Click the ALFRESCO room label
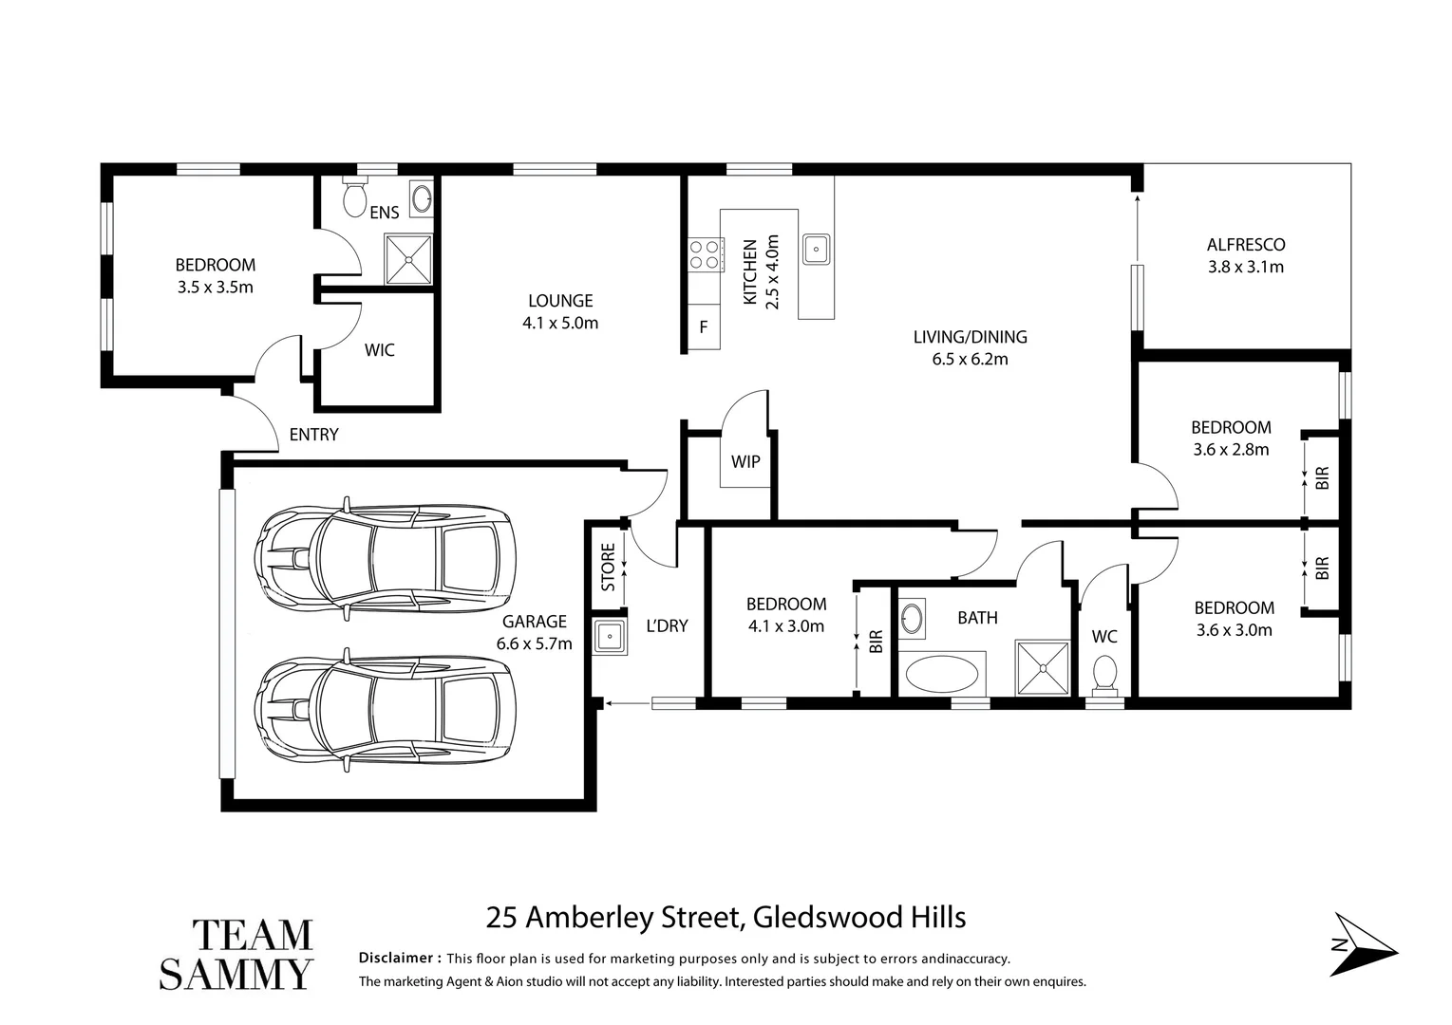coord(1245,244)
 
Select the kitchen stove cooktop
coord(704,253)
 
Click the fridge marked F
coord(704,327)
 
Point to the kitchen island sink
coord(816,249)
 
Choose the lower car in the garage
coord(385,709)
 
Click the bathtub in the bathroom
coord(941,676)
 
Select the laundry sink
coord(609,637)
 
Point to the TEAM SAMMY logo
coord(236,954)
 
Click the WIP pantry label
coord(745,462)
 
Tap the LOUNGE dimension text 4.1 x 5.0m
coord(560,323)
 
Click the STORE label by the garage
coord(608,567)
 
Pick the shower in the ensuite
coord(407,258)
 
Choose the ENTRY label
coord(313,435)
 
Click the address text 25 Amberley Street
coord(613,918)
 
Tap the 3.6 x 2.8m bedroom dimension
coord(1231,450)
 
